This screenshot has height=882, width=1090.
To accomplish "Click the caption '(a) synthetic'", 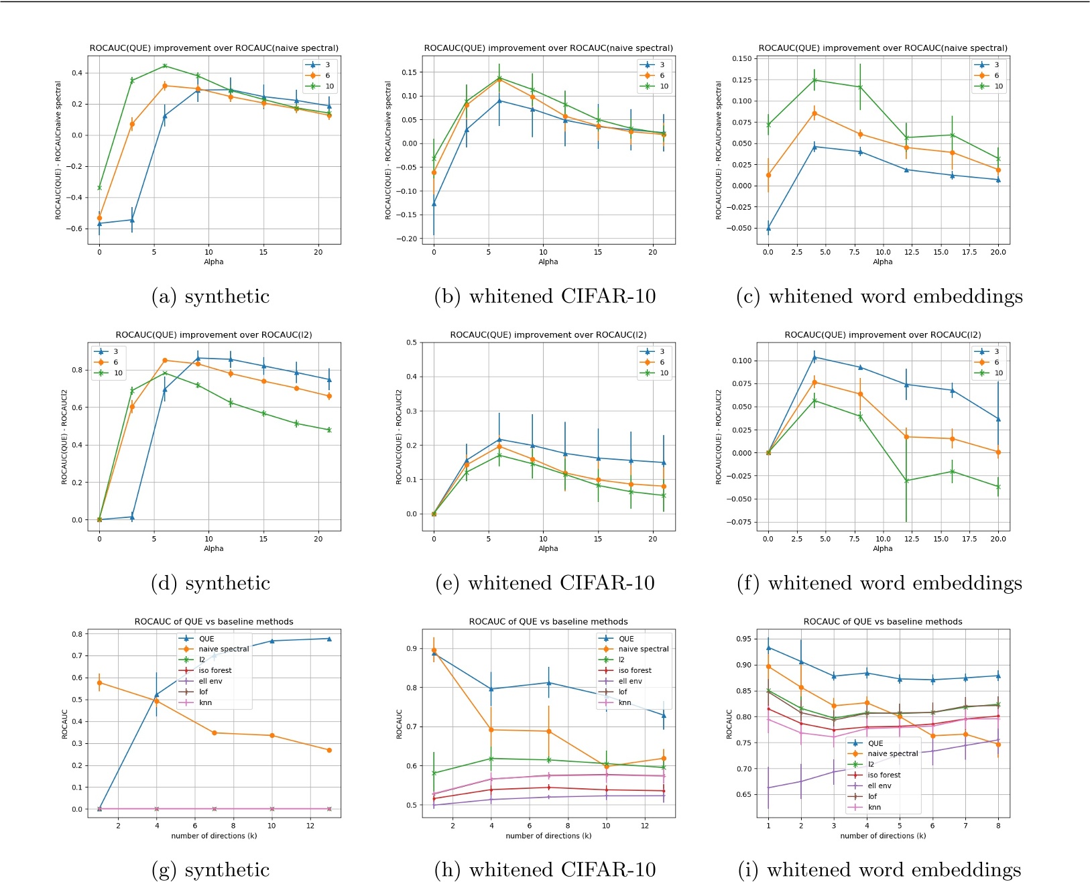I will tap(210, 296).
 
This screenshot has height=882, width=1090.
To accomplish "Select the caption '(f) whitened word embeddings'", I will tap(879, 583).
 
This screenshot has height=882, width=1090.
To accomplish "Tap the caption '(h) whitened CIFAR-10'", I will tap(545, 869).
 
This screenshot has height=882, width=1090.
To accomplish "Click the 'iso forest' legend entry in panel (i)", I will tap(884, 775).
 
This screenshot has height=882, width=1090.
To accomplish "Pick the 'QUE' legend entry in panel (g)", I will tap(206, 639).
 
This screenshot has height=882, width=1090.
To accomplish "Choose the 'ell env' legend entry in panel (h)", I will tap(629, 681).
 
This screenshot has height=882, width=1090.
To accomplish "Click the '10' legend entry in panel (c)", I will tap(998, 86).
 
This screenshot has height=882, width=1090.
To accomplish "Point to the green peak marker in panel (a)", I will tap(165, 66).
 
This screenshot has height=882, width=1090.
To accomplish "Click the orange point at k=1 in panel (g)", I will tap(99, 683).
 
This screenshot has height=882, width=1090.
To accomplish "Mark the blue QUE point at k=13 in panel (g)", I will tap(329, 639).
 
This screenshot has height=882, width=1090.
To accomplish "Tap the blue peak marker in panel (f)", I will tap(814, 357).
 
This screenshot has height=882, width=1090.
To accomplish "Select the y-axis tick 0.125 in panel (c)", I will tap(742, 80).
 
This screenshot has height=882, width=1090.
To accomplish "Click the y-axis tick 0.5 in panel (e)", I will tap(412, 342).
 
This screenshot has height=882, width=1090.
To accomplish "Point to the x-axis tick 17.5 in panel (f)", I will tap(969, 539).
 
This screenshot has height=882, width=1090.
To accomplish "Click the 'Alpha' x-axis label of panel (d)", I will tap(214, 548).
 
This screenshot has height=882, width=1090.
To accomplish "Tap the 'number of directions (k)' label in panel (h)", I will tap(548, 836).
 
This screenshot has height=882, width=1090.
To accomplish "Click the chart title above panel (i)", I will tap(882, 621).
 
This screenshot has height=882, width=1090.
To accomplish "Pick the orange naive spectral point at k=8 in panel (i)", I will tap(998, 744).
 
